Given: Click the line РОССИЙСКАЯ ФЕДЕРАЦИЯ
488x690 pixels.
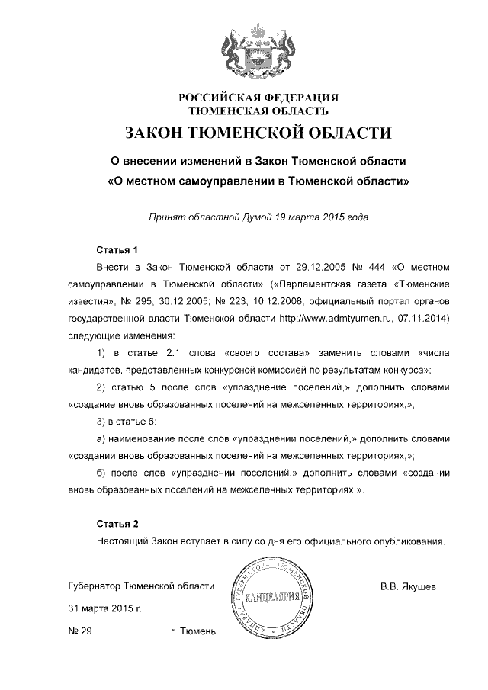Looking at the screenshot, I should pyautogui.click(x=258, y=97).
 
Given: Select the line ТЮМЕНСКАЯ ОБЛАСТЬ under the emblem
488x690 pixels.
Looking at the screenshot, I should pyautogui.click(x=258, y=111).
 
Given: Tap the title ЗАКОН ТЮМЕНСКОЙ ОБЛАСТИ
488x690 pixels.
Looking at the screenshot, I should pyautogui.click(x=258, y=134).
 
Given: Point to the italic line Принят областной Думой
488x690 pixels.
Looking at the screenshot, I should pyautogui.click(x=258, y=217).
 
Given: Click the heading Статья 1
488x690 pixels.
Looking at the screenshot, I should pyautogui.click(x=117, y=250).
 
